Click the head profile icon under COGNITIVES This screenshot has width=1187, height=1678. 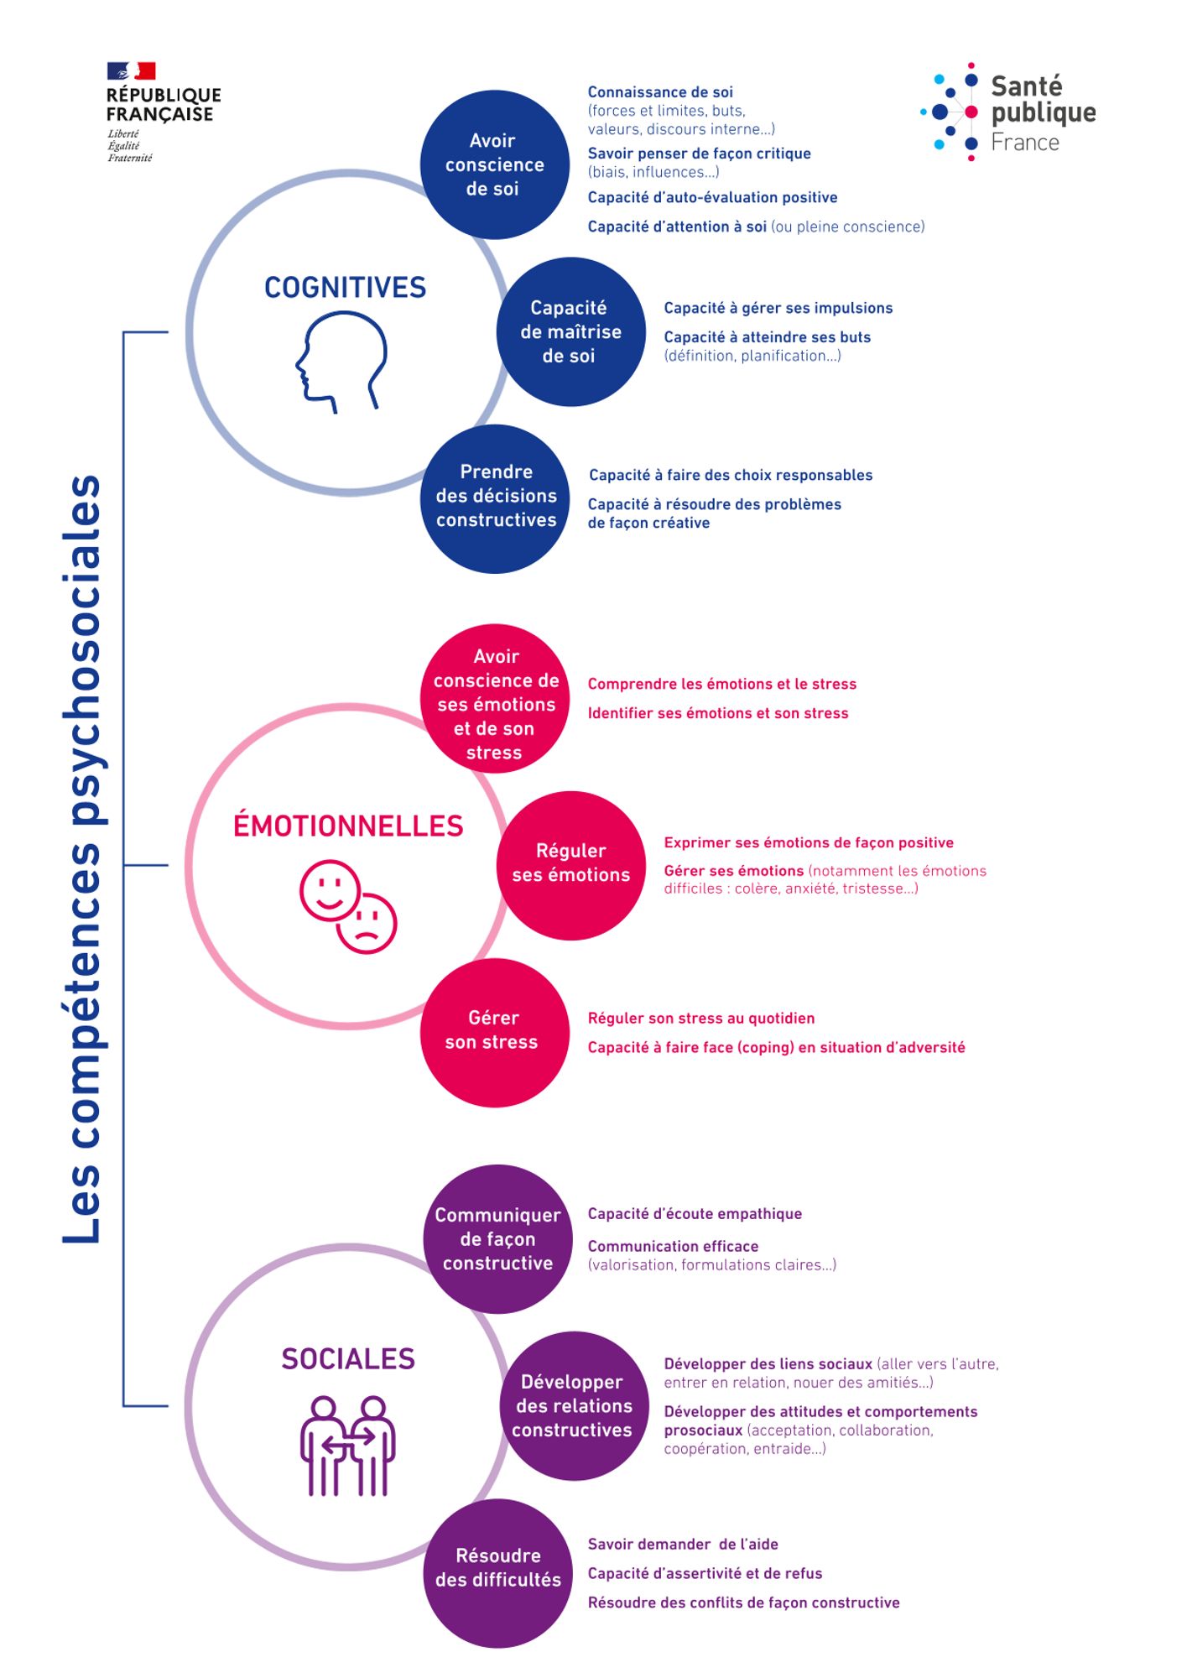tap(342, 362)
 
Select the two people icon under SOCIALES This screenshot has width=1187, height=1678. tap(347, 1445)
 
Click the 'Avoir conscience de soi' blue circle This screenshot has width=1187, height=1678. tap(494, 164)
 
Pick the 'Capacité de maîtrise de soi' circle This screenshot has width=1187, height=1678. tap(570, 332)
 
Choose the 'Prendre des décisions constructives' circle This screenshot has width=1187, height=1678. tap(495, 498)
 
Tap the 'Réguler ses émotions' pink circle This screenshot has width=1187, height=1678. tap(570, 864)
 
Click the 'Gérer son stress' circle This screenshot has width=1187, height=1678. tap(493, 1032)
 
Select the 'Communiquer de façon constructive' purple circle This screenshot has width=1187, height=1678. tap(497, 1239)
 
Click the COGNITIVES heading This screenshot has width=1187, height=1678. tap(346, 288)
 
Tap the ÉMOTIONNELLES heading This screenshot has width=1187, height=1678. tap(348, 826)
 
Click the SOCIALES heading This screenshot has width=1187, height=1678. tap(348, 1358)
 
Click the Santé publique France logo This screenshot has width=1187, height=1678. tap(1009, 112)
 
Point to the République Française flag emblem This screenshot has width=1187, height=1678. tap(132, 71)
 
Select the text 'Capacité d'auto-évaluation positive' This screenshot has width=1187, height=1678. tap(712, 198)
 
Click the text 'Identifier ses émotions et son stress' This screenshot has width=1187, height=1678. tap(718, 713)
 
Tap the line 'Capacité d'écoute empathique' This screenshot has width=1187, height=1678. tap(695, 1214)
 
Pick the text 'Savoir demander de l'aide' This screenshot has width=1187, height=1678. tap(683, 1544)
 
